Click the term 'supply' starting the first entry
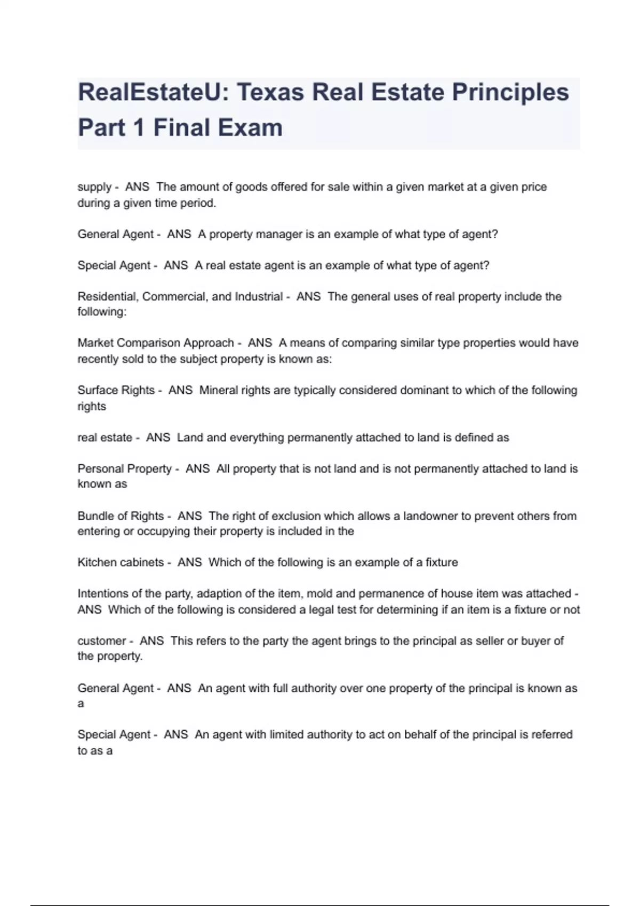pyautogui.click(x=94, y=187)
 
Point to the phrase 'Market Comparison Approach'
pyautogui.click(x=156, y=343)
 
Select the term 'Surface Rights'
pyautogui.click(x=116, y=390)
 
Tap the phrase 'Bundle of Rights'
pyautogui.click(x=121, y=516)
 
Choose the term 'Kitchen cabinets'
pyautogui.click(x=121, y=562)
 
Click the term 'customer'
pyautogui.click(x=102, y=641)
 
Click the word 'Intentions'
pyautogui.click(x=102, y=594)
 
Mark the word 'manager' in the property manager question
pyautogui.click(x=279, y=234)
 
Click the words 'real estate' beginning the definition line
pyautogui.click(x=105, y=438)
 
